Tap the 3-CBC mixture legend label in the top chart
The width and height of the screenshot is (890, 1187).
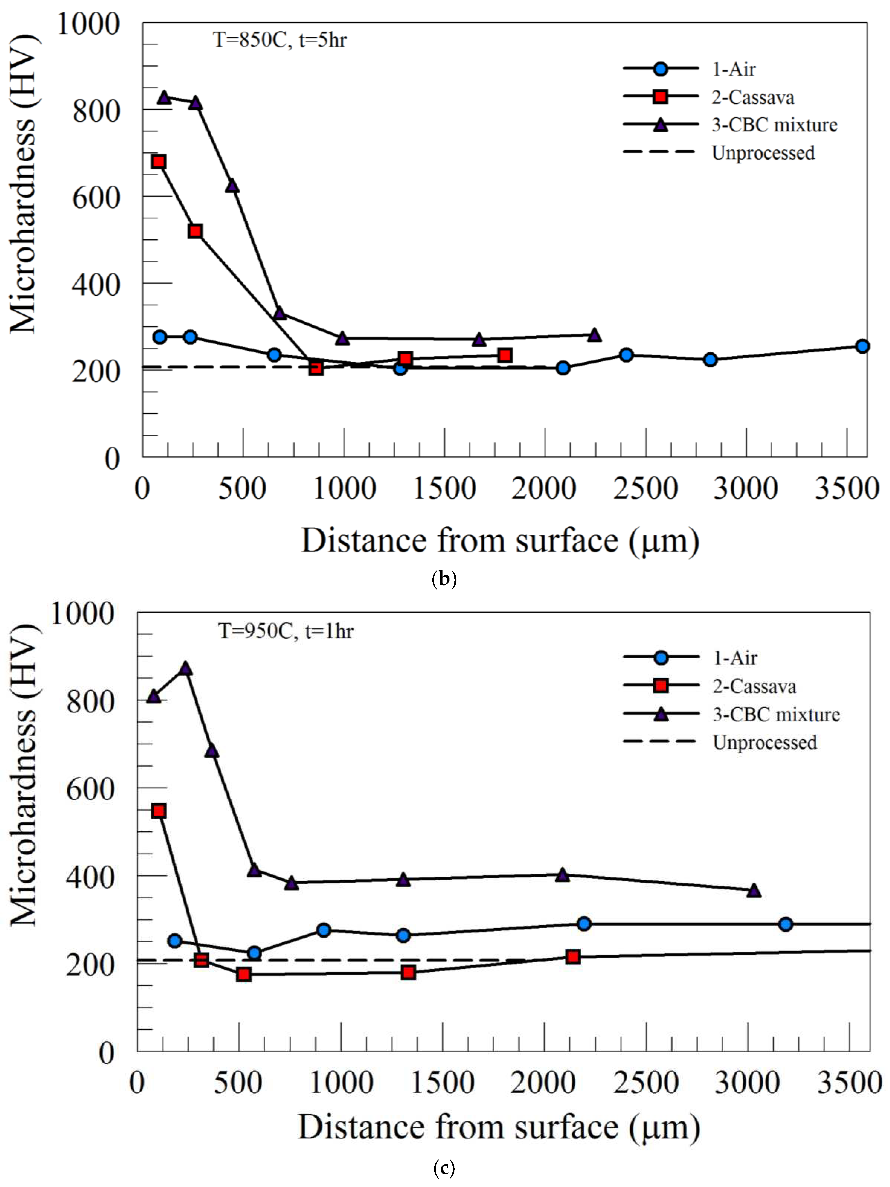pos(774,125)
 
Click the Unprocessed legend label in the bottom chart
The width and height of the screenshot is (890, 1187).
pos(764,743)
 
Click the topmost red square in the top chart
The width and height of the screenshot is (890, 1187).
pos(158,161)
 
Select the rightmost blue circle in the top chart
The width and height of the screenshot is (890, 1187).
pos(862,346)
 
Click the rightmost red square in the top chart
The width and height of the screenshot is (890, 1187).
pos(504,355)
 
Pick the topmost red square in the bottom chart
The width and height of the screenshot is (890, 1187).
pos(158,811)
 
